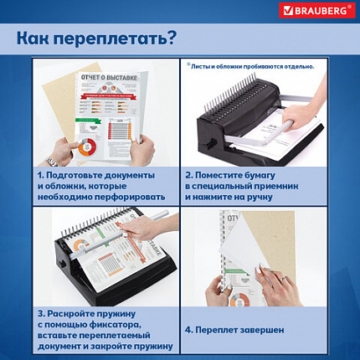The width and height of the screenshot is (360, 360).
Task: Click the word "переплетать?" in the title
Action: point(121,38)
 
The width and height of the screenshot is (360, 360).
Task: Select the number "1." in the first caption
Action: point(41,173)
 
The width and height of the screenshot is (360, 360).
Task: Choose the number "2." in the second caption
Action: point(191,173)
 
